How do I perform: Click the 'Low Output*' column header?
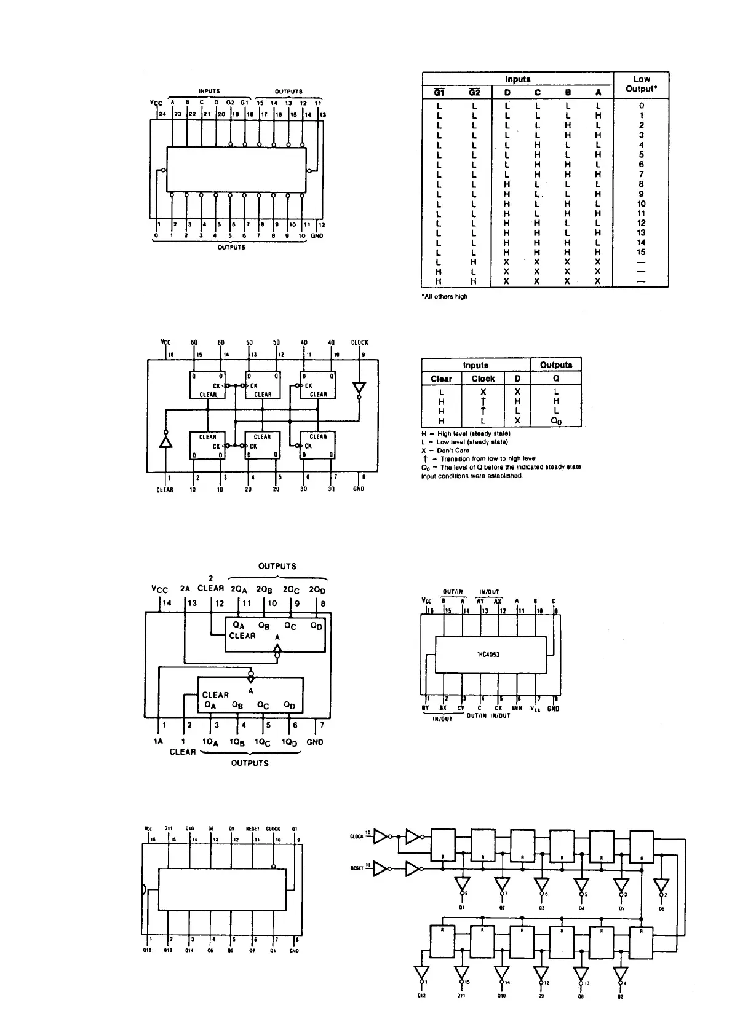pos(641,84)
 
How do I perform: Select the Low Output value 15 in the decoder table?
pos(641,252)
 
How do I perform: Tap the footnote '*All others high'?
pos(444,297)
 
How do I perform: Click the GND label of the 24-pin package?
pos(317,236)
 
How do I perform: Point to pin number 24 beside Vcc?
pos(162,114)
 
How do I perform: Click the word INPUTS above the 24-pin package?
pos(209,91)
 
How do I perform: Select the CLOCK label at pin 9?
pos(360,342)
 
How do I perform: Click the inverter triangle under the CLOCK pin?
pos(359,390)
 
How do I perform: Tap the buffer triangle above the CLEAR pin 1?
pos(165,440)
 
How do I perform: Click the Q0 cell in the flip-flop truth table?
pos(555,422)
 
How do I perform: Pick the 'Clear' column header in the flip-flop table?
pos(441,379)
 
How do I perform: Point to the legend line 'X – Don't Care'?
pos(445,451)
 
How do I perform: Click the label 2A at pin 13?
pos(185,589)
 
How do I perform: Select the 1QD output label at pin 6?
pos(289,742)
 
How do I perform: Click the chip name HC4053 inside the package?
pos(490,655)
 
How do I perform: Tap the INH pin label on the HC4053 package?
pos(517,709)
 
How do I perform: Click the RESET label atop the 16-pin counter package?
pos(253,828)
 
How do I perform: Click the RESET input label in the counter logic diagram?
pos(357,867)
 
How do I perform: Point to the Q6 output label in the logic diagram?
pos(661,908)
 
